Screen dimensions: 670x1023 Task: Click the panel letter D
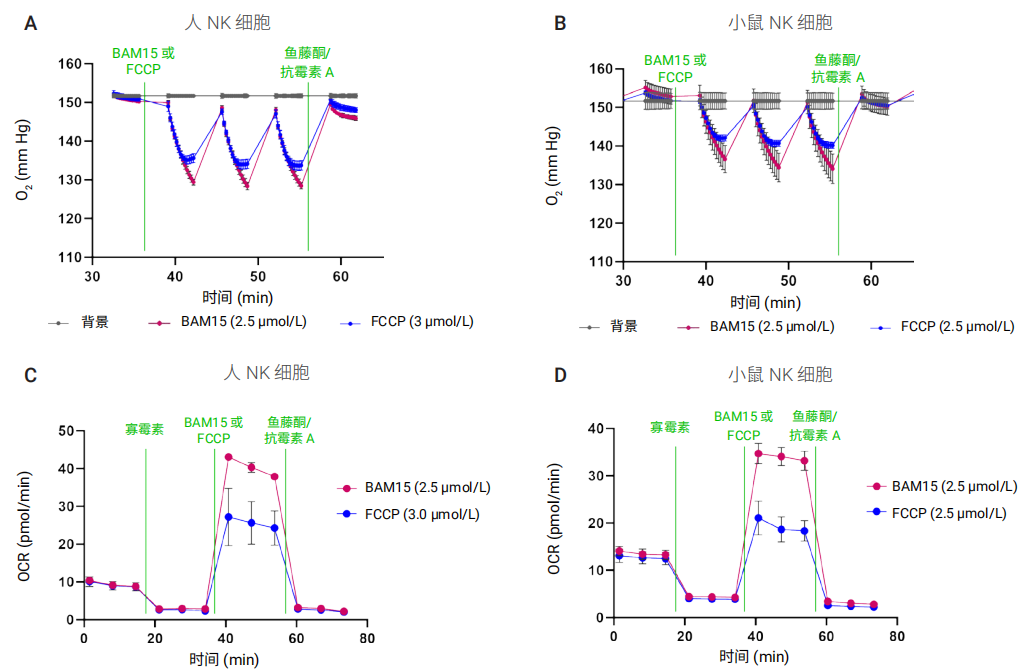pyautogui.click(x=561, y=375)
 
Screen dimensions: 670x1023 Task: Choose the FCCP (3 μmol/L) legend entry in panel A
pyautogui.click(x=419, y=322)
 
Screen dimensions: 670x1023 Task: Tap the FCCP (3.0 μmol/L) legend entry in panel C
pyautogui.click(x=421, y=514)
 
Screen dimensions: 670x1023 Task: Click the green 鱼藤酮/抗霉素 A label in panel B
pyautogui.click(x=838, y=68)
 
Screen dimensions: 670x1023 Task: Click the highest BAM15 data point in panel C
pyautogui.click(x=228, y=457)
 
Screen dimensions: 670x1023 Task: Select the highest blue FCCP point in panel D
pyautogui.click(x=758, y=518)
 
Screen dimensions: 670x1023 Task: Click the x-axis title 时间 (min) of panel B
pyautogui.click(x=764, y=302)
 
